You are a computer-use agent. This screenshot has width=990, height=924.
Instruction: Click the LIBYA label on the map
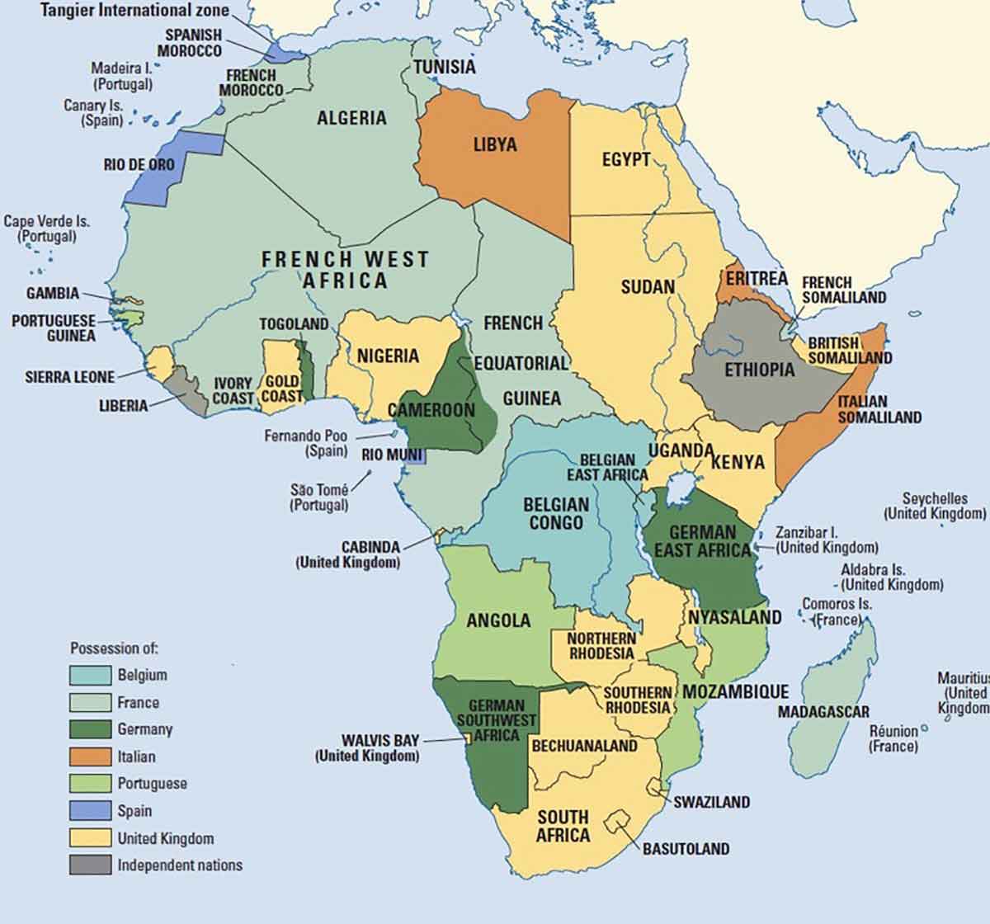tap(495, 145)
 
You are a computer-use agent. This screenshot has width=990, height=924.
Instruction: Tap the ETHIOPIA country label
tap(759, 370)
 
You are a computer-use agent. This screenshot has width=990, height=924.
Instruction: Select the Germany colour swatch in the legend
tap(90, 729)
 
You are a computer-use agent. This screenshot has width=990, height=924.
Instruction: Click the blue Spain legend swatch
tap(90, 811)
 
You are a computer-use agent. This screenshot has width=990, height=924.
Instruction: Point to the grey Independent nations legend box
tap(90, 865)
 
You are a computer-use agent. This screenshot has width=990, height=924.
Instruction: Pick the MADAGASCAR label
tap(823, 711)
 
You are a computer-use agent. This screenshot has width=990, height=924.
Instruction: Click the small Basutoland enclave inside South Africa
tap(616, 822)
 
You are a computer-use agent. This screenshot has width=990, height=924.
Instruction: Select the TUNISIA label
tap(444, 67)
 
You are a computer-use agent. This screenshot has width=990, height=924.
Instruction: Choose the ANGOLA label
tap(498, 620)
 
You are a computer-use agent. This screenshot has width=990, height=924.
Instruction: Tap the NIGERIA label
tap(388, 356)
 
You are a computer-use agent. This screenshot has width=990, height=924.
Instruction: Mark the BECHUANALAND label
tap(584, 746)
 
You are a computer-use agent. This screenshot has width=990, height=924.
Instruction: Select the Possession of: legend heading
tap(114, 648)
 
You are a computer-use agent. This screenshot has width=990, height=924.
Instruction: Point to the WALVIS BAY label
tap(380, 740)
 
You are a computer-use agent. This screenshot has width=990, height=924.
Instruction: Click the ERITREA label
tap(757, 279)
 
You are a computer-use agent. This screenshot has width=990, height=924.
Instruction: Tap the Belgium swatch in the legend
tap(90, 675)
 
